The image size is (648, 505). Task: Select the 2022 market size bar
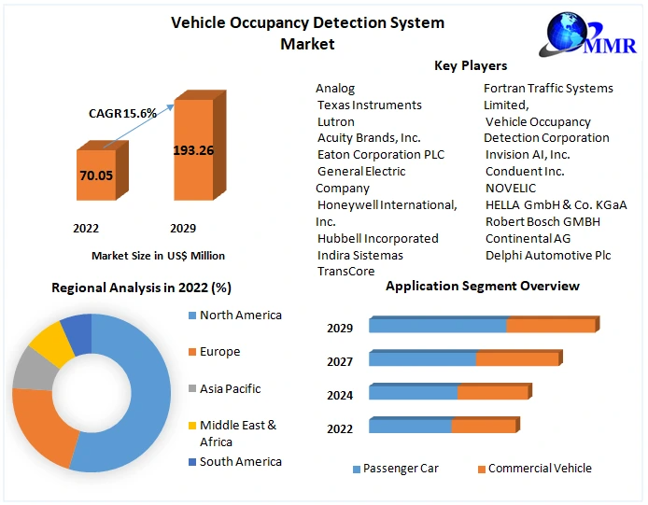coord(96,175)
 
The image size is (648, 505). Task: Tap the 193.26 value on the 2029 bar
coord(193,150)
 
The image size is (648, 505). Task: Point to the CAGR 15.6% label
coord(122,113)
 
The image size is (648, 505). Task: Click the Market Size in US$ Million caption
coord(158,255)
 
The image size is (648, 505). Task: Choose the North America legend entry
coord(240,316)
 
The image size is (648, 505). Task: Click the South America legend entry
coord(240,461)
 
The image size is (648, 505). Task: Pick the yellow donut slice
coord(51,344)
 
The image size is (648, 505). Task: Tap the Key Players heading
coord(471,65)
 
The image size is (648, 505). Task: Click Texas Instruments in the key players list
coord(369,105)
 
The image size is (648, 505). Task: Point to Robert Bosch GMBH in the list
coord(542,221)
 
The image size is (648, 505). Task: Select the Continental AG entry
coord(528,238)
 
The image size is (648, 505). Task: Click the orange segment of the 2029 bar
coord(551,326)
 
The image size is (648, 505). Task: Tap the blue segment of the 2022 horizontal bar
coord(411,427)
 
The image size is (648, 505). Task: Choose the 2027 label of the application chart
coord(340,361)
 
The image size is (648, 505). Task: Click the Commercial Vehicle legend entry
coord(539,469)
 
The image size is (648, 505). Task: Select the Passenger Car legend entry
coord(400,469)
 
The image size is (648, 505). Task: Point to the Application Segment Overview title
coord(483,286)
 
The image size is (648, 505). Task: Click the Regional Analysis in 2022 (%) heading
coord(141,288)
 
